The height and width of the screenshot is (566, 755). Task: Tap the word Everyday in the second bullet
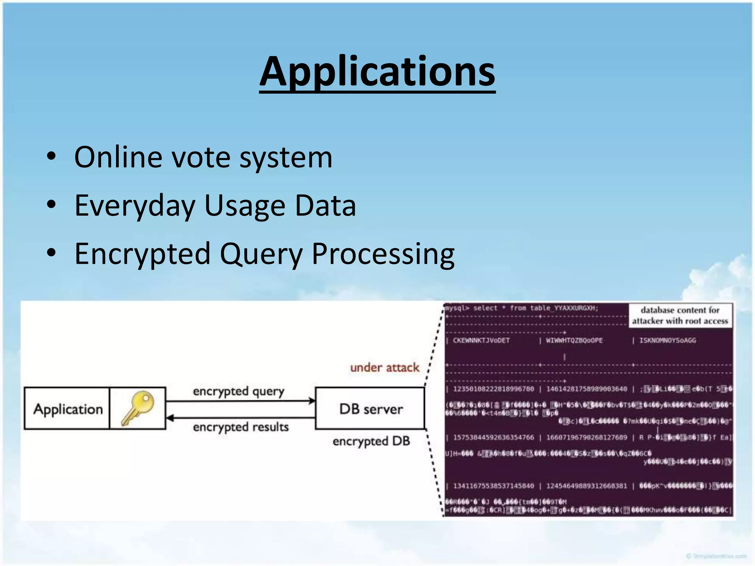point(135,206)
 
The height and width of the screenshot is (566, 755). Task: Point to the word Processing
point(383,254)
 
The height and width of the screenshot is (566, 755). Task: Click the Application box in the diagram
point(67,409)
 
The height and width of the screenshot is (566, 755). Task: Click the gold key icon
point(138,408)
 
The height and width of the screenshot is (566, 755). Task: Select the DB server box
point(370,409)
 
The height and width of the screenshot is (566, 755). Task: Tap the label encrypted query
point(239,391)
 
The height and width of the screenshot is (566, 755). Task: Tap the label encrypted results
point(240,427)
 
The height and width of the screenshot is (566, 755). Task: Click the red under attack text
point(385,367)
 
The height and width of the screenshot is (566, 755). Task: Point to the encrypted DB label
point(371,441)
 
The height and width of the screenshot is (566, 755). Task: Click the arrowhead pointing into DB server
point(312,401)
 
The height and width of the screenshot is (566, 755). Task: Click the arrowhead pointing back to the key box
point(170,418)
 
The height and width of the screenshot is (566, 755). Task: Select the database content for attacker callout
point(680,315)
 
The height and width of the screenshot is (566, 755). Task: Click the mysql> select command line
point(521,308)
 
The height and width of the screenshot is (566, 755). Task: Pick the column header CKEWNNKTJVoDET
point(481,340)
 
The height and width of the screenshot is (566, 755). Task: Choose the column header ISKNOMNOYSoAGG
point(668,340)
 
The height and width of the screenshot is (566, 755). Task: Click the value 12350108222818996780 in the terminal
point(493,389)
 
